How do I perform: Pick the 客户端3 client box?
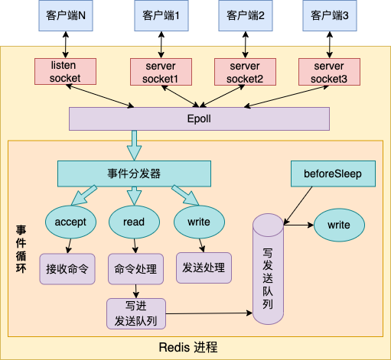[x=329, y=16]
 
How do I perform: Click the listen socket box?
[x=65, y=72]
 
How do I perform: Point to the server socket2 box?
[x=245, y=72]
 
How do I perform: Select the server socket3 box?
[x=329, y=72]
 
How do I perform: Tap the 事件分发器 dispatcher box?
[x=134, y=174]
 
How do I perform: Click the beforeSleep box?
[x=334, y=174]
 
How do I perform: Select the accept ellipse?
[x=70, y=222]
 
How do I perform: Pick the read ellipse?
[x=134, y=222]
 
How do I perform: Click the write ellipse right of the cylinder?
[x=338, y=225]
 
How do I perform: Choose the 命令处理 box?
[x=135, y=268]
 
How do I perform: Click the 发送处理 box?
[x=204, y=268]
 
